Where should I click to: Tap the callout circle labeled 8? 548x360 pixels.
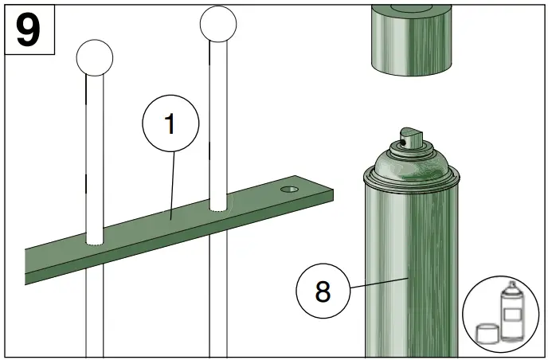323,292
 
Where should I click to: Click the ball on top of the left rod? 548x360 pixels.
94,57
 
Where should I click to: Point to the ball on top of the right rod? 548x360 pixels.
218,25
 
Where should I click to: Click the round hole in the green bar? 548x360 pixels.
289,190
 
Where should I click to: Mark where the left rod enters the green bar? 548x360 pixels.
95,238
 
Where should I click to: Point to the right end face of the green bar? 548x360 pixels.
329,195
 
